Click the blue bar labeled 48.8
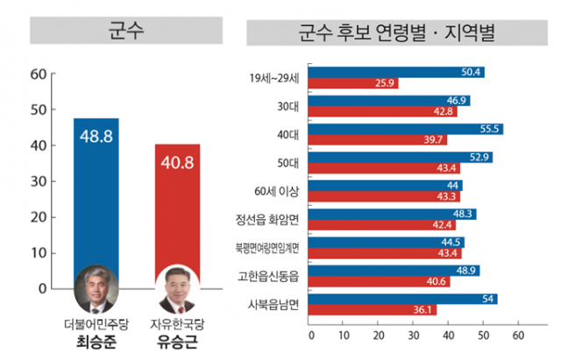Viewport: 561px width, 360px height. [x=96, y=193]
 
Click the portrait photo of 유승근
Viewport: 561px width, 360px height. [x=179, y=292]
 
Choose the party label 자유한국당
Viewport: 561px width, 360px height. [x=179, y=322]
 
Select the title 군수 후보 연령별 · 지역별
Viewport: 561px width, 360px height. [x=396, y=32]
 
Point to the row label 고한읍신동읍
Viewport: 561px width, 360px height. [x=273, y=276]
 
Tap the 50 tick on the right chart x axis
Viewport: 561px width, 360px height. [x=483, y=335]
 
